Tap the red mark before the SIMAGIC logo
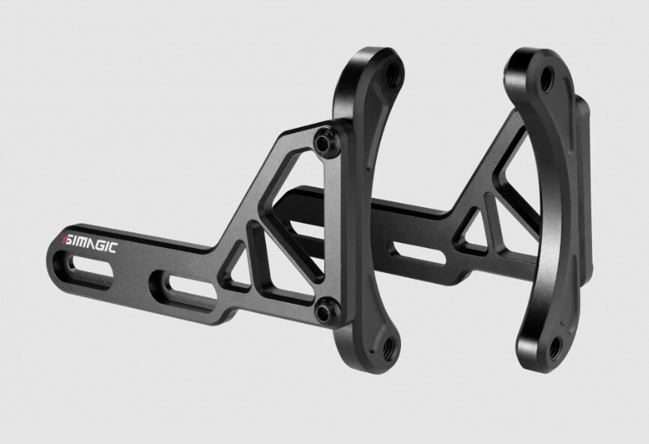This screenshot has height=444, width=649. (64, 239)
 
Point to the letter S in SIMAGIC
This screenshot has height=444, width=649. (70, 240)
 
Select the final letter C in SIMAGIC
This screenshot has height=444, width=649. (113, 248)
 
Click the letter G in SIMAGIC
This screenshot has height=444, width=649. (101, 246)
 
